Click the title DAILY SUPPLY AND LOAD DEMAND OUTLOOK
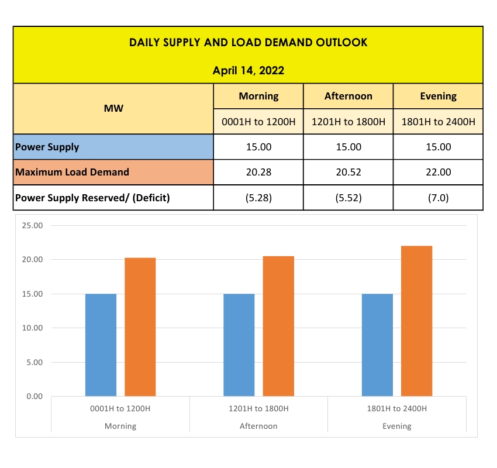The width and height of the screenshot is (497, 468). pyautogui.click(x=248, y=43)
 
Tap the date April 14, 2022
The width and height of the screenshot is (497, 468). pyautogui.click(x=248, y=71)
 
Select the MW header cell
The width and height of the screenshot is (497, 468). pyautogui.click(x=113, y=108)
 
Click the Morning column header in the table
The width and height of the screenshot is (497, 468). pyautogui.click(x=258, y=96)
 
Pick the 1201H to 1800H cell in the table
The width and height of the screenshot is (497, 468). pyautogui.click(x=348, y=122)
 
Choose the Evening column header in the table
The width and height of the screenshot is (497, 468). pyautogui.click(x=438, y=96)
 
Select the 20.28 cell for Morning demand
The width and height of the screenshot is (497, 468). pyautogui.click(x=258, y=173)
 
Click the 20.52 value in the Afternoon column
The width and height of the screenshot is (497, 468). pyautogui.click(x=348, y=173)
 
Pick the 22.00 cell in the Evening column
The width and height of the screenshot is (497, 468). pyautogui.click(x=438, y=173)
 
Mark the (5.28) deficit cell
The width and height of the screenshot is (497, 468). pyautogui.click(x=258, y=198)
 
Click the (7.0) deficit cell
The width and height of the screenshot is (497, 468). pyautogui.click(x=438, y=198)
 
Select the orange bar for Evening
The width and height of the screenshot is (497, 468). pyautogui.click(x=416, y=322)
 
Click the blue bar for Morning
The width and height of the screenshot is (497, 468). pyautogui.click(x=101, y=345)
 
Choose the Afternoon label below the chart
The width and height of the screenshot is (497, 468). pyautogui.click(x=258, y=426)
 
